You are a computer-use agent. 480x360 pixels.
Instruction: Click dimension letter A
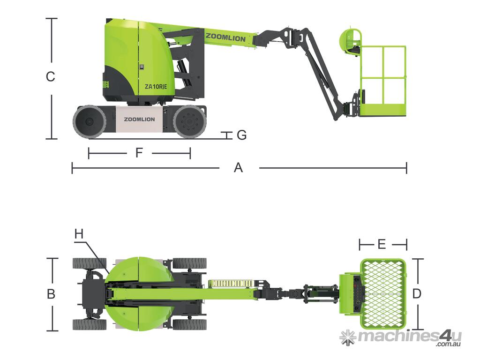click(239, 168)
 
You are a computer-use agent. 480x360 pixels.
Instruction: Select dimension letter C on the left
click(51, 76)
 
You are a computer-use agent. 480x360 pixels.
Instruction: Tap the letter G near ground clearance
click(242, 135)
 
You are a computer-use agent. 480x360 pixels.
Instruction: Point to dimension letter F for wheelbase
click(139, 153)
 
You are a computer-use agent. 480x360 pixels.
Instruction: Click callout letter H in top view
click(79, 234)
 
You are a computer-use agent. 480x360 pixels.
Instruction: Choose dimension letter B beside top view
click(51, 294)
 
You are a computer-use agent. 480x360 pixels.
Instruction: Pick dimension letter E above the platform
click(382, 244)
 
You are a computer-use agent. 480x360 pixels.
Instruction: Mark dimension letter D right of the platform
click(417, 294)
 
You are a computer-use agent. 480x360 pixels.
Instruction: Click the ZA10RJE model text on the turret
click(156, 87)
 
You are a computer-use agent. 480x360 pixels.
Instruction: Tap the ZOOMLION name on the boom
click(225, 37)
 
